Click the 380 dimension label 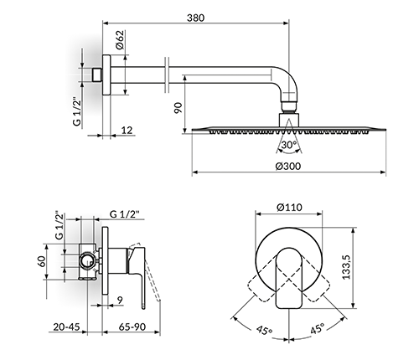coord(195,18)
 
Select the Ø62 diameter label coord(119,40)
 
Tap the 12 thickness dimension coord(127,130)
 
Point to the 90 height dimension coord(178,108)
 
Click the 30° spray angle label coord(289,145)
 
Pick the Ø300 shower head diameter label coord(288,167)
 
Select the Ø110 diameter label coord(289,208)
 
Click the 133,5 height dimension coord(346,267)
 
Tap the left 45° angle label coord(264,330)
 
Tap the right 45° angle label coord(317,328)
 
